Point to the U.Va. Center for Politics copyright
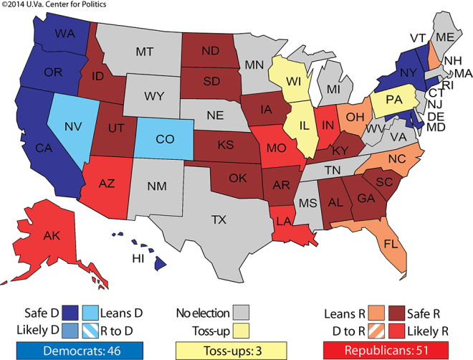[x=53, y=6]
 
